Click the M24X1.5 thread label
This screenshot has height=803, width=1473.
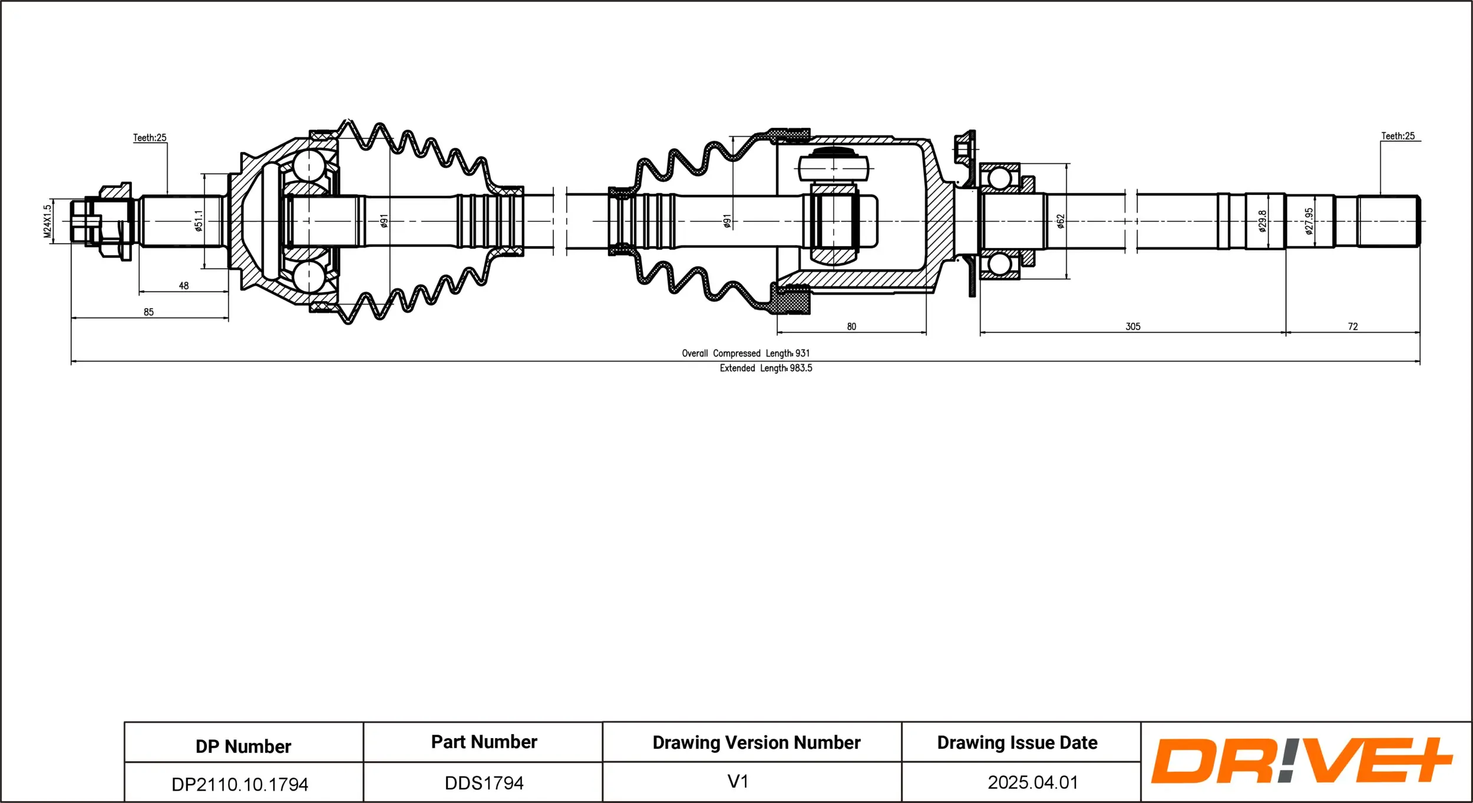[48, 222]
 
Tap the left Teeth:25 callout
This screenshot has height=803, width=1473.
[150, 138]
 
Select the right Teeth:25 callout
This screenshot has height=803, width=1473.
[1398, 136]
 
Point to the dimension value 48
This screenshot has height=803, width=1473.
[184, 286]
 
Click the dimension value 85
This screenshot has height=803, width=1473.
[148, 312]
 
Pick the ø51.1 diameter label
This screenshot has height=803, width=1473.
[199, 221]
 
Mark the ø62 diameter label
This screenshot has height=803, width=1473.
[1061, 222]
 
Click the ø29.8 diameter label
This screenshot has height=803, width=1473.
[1262, 222]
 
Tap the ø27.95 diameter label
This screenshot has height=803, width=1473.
[1309, 222]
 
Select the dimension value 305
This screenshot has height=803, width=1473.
[1133, 326]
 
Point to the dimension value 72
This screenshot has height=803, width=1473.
[1353, 326]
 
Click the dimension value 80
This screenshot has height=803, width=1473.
[851, 326]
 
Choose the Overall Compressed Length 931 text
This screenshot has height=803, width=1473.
[746, 353]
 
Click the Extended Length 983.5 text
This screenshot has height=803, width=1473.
[766, 368]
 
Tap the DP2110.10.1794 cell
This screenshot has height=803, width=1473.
[240, 784]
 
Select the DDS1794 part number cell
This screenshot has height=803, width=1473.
[484, 783]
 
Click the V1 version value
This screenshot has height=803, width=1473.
[738, 782]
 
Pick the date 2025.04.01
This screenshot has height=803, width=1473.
[1033, 782]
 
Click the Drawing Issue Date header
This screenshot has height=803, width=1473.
[1017, 743]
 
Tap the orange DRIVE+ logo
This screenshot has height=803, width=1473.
[1301, 761]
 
